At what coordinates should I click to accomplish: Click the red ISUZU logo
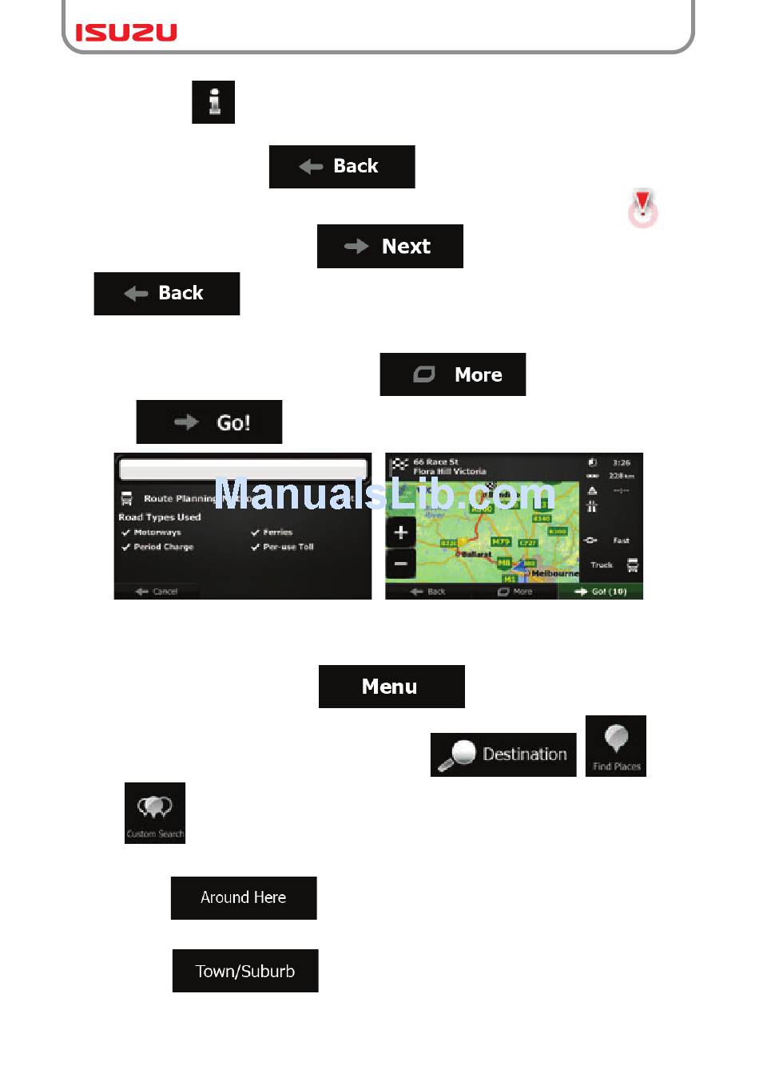tap(126, 32)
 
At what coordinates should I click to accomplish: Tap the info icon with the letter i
tap(213, 102)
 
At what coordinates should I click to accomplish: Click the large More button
tap(453, 374)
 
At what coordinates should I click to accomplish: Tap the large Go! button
tap(209, 422)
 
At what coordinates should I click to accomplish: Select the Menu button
tap(391, 687)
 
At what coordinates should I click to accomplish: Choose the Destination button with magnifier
tap(503, 754)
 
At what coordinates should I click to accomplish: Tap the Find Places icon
tap(616, 746)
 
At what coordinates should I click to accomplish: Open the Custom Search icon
tap(155, 813)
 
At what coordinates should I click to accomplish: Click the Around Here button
tap(244, 898)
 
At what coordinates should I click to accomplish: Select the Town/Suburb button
tap(245, 971)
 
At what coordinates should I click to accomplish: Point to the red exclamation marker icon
tap(642, 208)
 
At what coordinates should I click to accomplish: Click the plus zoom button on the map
tap(401, 533)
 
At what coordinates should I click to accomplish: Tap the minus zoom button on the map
tap(401, 564)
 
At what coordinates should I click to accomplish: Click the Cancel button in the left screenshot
tap(157, 592)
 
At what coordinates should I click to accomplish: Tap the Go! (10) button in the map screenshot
tap(601, 592)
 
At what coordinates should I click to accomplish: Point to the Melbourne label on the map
tap(554, 573)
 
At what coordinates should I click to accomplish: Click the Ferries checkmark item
tap(272, 532)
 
